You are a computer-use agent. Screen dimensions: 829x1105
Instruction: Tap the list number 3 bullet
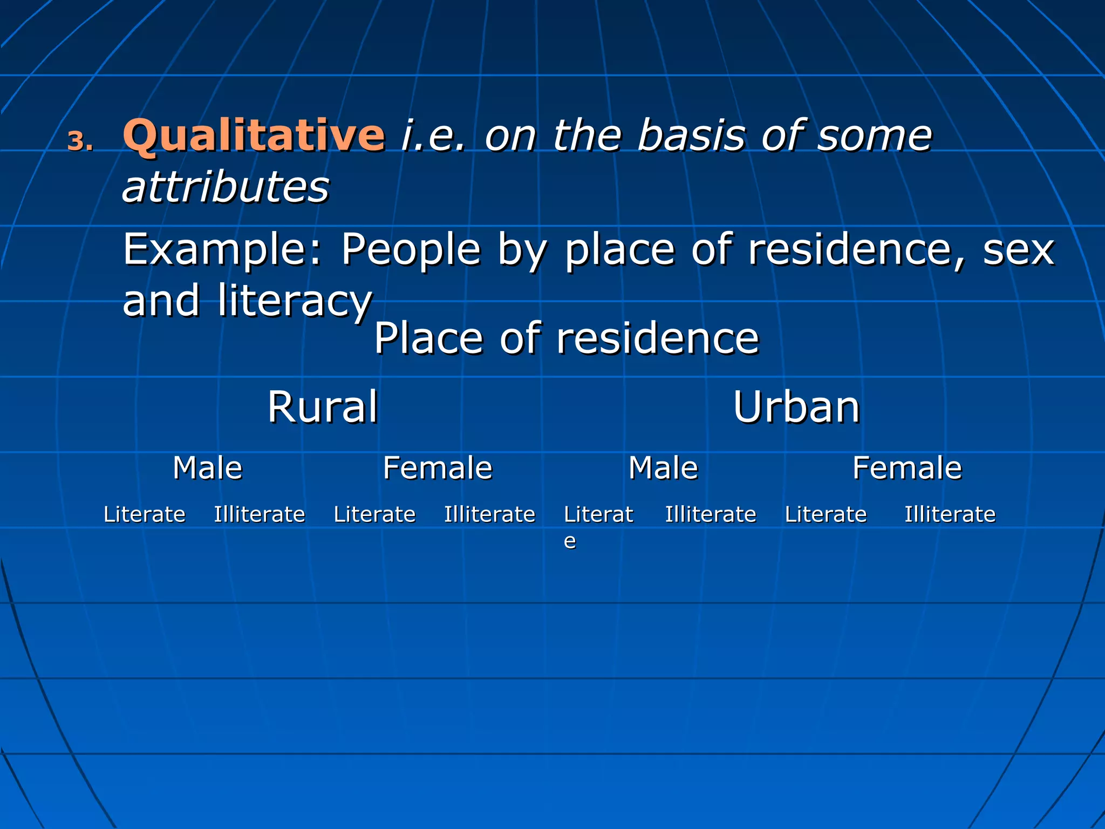(80, 141)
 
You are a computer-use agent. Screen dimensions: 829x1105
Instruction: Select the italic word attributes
(226, 187)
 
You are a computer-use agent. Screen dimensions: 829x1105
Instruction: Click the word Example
(222, 250)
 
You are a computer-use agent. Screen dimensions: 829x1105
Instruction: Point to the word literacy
(295, 301)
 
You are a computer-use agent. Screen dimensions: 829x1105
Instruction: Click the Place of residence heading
(566, 338)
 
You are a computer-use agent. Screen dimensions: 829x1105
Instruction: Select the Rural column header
(323, 407)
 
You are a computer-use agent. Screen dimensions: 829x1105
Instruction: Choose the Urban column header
(796, 407)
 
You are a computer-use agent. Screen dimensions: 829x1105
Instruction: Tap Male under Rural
(207, 467)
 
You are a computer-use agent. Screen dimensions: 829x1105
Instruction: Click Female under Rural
(438, 467)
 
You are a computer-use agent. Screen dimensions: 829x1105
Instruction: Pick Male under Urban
(663, 467)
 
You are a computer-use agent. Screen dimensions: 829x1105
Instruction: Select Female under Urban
(907, 467)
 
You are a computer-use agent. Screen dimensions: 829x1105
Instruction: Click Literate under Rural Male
(144, 514)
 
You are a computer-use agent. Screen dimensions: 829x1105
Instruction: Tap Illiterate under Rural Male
(260, 514)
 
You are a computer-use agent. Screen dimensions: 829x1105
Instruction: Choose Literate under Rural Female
(374, 514)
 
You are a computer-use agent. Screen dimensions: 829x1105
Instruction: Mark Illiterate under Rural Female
(489, 514)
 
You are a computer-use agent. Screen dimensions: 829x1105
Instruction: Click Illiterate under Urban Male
(710, 514)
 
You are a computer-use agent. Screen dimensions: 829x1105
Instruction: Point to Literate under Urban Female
(826, 514)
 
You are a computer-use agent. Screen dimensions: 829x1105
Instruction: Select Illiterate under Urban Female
(950, 514)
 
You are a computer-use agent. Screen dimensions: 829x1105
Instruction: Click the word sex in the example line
(1018, 250)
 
